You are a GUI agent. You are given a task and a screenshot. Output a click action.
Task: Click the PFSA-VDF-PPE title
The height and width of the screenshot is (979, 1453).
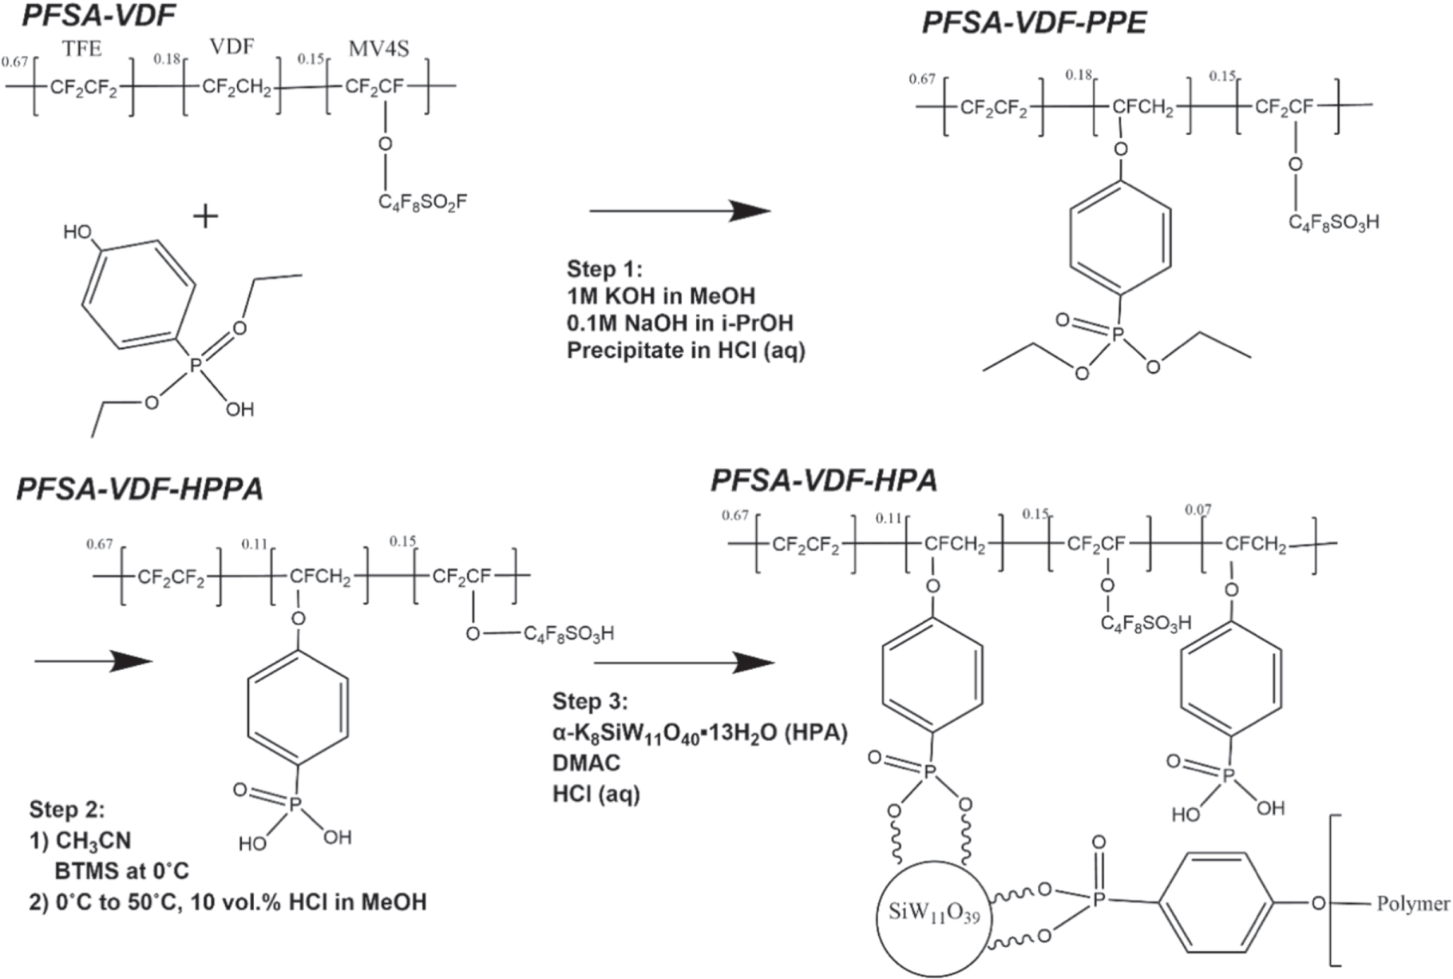coord(1034,22)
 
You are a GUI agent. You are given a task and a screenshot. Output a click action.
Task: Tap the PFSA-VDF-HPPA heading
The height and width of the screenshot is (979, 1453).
coord(140,489)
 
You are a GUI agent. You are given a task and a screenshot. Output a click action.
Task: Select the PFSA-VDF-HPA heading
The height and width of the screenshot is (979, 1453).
coord(824,482)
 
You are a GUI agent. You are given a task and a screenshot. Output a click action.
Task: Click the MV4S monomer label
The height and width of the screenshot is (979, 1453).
coord(378,50)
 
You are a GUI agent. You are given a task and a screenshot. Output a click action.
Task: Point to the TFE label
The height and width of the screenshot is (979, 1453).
coord(82,49)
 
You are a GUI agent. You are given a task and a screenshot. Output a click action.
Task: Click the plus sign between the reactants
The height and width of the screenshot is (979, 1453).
coord(206,216)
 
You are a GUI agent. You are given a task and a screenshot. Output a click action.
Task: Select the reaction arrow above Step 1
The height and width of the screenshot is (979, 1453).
coord(679,211)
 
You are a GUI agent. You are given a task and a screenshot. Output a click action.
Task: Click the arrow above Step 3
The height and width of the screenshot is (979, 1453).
coord(684,662)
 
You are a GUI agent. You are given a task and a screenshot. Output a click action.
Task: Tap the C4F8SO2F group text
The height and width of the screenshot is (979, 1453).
coord(422,203)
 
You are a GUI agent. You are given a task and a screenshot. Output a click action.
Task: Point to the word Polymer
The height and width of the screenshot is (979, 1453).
coord(1412,904)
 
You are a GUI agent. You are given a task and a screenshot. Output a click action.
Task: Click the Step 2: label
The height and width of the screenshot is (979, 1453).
coord(67,810)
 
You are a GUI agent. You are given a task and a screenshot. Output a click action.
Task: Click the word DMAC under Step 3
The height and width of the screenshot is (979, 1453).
coord(587,763)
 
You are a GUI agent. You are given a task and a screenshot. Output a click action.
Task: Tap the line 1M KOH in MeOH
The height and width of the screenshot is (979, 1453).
coord(661,296)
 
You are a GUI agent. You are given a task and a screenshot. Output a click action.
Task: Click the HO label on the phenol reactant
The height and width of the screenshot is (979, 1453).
coord(78,232)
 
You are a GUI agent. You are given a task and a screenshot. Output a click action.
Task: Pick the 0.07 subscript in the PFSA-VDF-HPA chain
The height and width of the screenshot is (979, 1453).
coord(1198,510)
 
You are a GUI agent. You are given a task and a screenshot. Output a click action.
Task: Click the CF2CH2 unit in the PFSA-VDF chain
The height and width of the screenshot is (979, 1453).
coord(236,87)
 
